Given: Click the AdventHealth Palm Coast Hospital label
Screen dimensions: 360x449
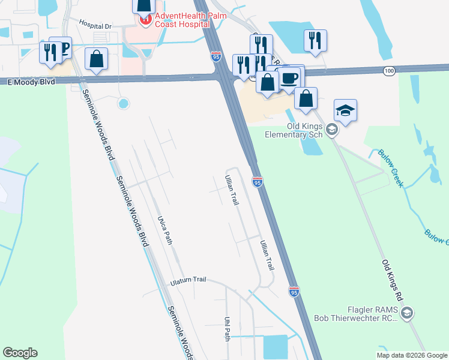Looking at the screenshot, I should [x=178, y=20].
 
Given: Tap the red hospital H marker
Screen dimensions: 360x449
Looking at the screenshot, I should [x=145, y=20].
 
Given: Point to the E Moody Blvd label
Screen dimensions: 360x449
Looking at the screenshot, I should [x=28, y=81].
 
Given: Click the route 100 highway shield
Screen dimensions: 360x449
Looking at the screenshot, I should [x=389, y=71].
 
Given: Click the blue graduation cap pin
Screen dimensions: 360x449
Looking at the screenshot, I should [x=345, y=110].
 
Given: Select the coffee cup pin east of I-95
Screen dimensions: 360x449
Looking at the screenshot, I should [x=289, y=78].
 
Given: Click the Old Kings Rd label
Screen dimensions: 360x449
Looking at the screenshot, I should [x=393, y=280].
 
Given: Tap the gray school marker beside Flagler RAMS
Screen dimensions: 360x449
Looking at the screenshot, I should [x=407, y=312].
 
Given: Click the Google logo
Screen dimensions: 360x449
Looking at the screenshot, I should [x=20, y=353].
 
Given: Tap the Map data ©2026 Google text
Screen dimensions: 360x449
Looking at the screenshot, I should [x=412, y=355].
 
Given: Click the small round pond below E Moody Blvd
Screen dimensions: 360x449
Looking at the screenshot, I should [x=124, y=103].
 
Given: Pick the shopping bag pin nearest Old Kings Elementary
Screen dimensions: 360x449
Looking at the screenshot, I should [x=306, y=98].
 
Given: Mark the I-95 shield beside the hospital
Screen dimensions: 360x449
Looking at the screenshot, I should [x=216, y=56].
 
